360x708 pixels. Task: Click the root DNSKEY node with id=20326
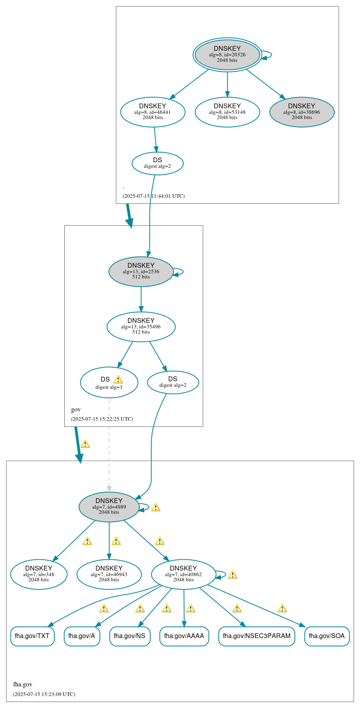[x=227, y=55]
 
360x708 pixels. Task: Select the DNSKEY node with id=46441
[x=153, y=112]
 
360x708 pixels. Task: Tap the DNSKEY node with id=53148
[x=227, y=112]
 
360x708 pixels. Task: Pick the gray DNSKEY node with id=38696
[x=302, y=112]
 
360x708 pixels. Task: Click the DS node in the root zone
[x=157, y=163]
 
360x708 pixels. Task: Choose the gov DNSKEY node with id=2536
[x=141, y=271]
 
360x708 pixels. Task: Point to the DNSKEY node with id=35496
[x=141, y=326]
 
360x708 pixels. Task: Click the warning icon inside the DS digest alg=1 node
[x=118, y=380]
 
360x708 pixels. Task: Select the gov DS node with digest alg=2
[x=173, y=382]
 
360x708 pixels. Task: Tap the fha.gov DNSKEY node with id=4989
[x=109, y=507]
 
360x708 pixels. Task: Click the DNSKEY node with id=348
[x=39, y=574]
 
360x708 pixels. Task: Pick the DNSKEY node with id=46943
[x=109, y=574]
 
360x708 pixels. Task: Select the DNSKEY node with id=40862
[x=183, y=574]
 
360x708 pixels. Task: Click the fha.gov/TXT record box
[x=32, y=636]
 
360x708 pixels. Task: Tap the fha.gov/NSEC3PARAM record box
[x=257, y=636]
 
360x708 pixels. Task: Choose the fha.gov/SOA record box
[x=326, y=636]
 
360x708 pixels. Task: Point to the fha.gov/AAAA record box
[x=184, y=636]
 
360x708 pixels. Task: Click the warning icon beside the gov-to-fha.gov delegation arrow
[x=85, y=444]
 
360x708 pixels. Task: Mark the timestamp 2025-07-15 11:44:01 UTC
[x=153, y=196]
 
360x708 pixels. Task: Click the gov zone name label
[x=76, y=410]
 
